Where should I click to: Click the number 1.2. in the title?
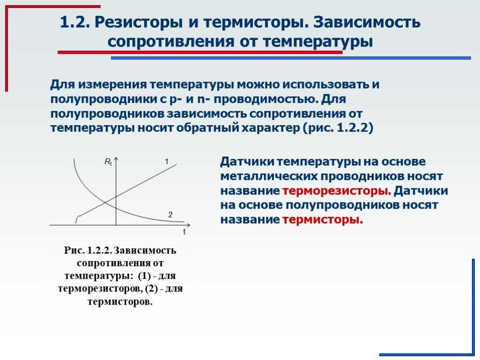[75, 22]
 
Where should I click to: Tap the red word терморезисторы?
[337, 191]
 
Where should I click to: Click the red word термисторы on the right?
[322, 220]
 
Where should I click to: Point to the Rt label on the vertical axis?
[108, 162]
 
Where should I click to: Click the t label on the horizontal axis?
[184, 232]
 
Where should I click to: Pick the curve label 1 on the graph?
[166, 161]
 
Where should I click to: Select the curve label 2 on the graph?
[171, 215]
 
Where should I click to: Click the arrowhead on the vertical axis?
[116, 159]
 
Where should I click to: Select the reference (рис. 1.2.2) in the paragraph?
[338, 128]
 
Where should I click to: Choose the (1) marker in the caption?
[144, 276]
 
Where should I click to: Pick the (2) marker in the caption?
[151, 289]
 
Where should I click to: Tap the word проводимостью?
[266, 99]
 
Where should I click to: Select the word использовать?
[326, 84]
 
